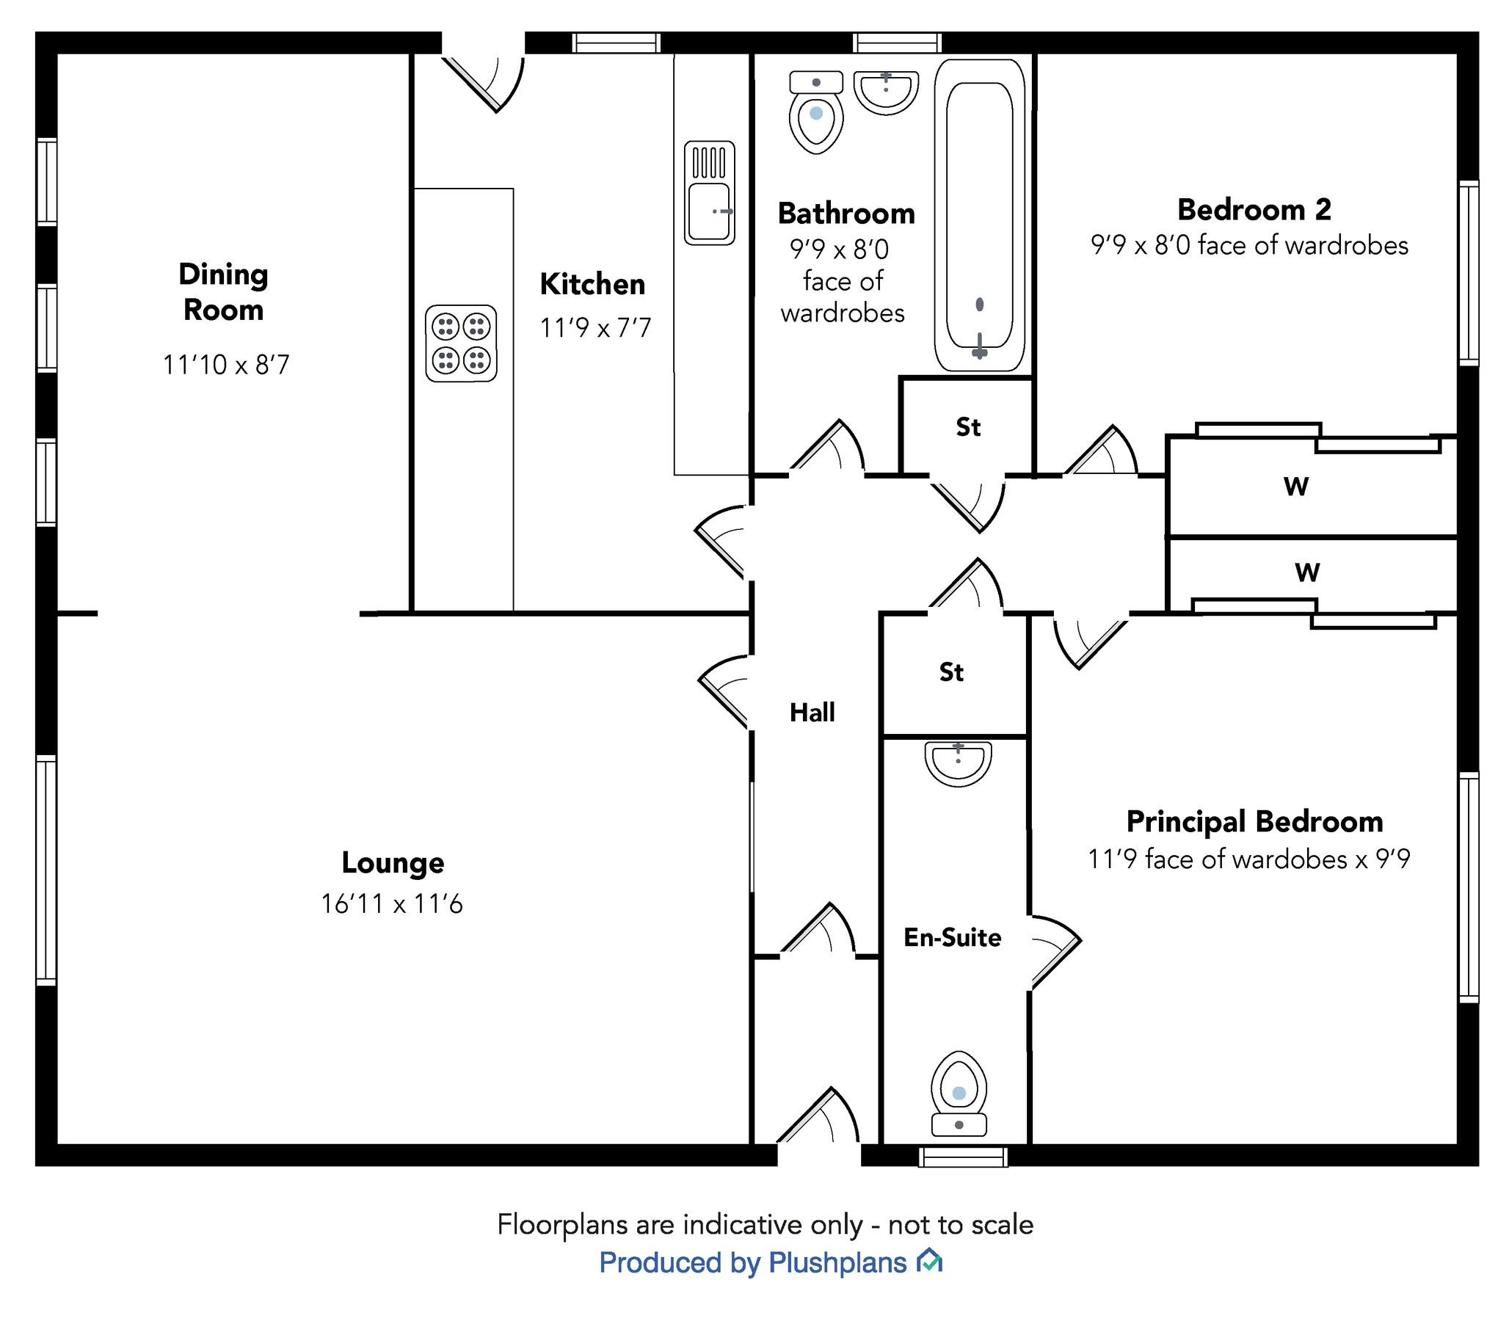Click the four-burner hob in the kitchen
point(461,343)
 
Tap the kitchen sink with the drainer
point(709,193)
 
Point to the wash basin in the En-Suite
point(958,764)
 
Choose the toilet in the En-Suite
point(959,1096)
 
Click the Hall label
point(812,712)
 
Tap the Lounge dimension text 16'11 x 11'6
point(391,903)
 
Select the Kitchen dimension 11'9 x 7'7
point(595,327)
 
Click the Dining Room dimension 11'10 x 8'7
point(225,364)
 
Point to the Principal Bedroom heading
point(1254,821)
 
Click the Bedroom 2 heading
point(1254,209)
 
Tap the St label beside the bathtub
point(967,427)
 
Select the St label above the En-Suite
point(951,672)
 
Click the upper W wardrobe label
point(1296,486)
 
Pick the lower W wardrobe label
point(1306,572)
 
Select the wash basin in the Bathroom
point(885,93)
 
